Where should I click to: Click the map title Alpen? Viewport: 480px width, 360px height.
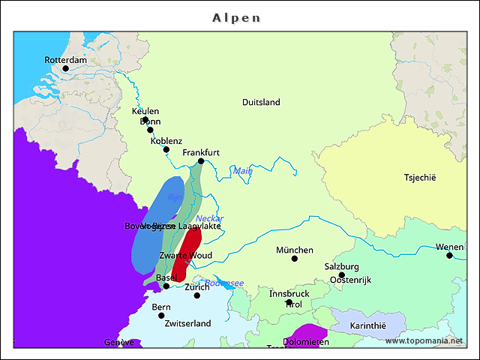[236, 16]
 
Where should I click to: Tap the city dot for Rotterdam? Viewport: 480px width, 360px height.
[65, 68]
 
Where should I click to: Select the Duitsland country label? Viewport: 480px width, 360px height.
[261, 102]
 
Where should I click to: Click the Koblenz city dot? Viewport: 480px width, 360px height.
[166, 149]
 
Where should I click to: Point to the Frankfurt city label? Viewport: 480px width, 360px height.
[201, 152]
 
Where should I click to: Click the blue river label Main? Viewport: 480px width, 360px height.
[243, 171]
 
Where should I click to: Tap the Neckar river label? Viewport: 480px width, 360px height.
[209, 218]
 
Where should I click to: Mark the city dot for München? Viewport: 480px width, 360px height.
[295, 259]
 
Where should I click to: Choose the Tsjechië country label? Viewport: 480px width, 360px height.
[419, 178]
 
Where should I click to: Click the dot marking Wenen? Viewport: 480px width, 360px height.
[449, 256]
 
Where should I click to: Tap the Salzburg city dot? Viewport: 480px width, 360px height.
[341, 275]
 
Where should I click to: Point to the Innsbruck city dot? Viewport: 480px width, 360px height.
[289, 303]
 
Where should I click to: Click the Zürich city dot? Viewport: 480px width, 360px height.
[197, 295]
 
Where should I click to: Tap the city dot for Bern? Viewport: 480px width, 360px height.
[161, 316]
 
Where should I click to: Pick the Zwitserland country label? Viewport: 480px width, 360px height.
[187, 323]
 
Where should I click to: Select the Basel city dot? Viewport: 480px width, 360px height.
[166, 286]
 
